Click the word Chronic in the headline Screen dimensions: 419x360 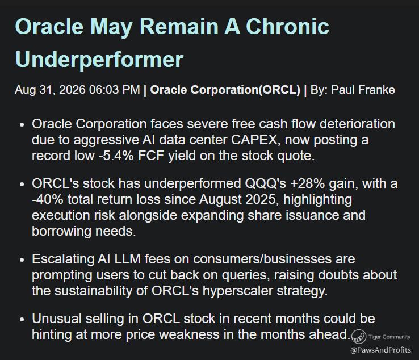[x=287, y=26]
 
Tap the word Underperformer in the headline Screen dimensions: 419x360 [x=99, y=59]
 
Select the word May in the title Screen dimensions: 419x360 [x=111, y=27]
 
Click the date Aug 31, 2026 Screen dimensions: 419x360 [x=50, y=90]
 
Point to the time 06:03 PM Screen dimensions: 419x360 [x=115, y=90]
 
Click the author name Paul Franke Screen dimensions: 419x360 [x=363, y=90]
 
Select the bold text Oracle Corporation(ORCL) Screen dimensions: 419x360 [x=225, y=90]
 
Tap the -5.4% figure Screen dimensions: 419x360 [x=116, y=156]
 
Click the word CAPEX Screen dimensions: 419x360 [x=254, y=140]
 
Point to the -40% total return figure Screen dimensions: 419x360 [x=47, y=200]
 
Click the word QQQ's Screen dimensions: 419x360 [x=265, y=184]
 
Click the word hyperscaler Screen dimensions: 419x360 [x=238, y=291]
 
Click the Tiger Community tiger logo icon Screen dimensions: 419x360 [x=359, y=337]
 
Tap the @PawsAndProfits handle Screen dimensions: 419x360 [x=380, y=350]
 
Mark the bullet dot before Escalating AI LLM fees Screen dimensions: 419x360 [x=22, y=259]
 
